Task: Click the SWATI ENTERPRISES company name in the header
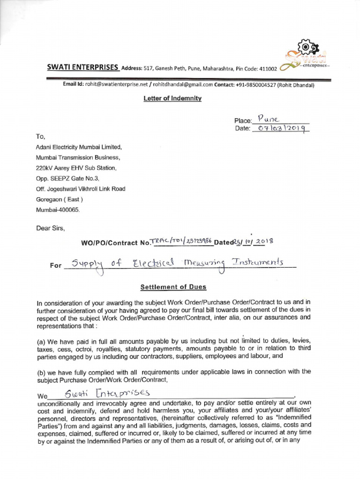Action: (x=83, y=67)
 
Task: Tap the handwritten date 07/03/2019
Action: (x=280, y=128)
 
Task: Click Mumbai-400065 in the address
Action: (x=58, y=210)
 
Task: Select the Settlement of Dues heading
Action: (x=173, y=287)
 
